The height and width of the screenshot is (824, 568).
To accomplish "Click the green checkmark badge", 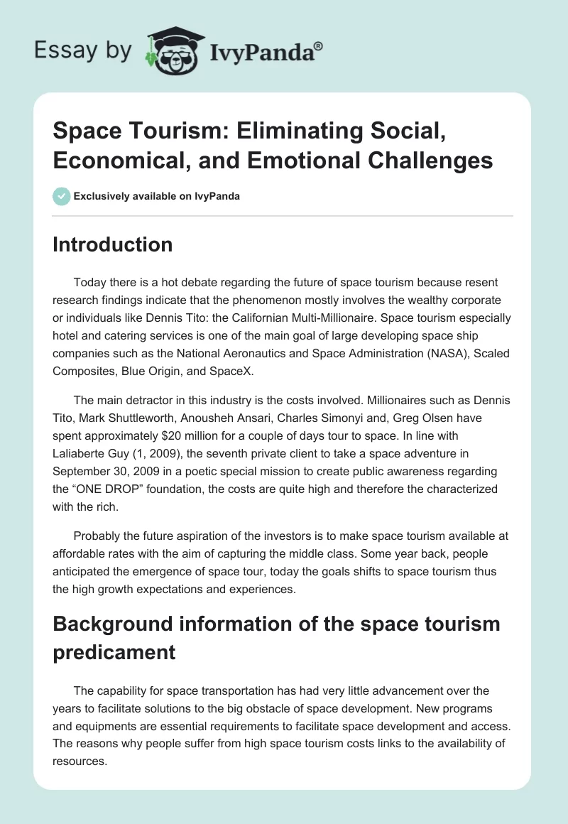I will coord(62,196).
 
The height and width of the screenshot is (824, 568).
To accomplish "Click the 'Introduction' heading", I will coord(113,244).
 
